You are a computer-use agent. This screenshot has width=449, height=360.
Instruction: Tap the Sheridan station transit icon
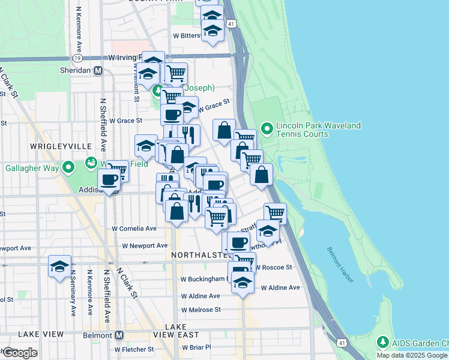98,70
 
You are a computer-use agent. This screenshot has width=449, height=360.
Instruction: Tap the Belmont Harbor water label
346,265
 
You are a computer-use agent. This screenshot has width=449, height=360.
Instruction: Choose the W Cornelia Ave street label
134,229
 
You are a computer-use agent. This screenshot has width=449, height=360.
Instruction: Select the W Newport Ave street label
145,245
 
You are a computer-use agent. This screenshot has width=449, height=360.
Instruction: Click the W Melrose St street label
200,310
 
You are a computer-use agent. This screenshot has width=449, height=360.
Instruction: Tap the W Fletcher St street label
134,349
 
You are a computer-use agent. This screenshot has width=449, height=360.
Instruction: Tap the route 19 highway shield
77,58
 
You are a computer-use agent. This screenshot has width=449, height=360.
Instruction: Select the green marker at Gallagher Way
69,167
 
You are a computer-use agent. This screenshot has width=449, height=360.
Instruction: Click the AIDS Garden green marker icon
382,343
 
